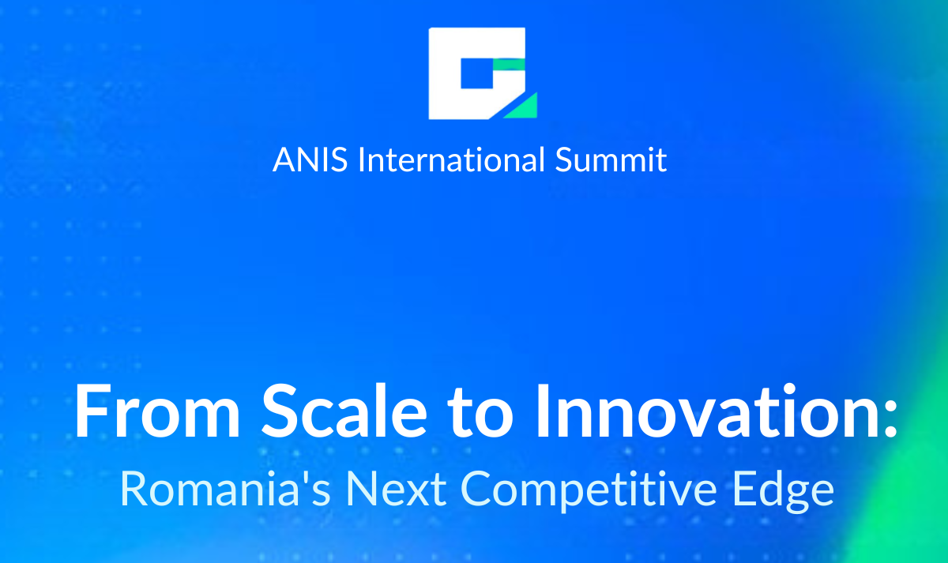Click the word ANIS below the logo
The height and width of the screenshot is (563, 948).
(310, 160)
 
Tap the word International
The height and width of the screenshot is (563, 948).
(451, 159)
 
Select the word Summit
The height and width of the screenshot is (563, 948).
(611, 160)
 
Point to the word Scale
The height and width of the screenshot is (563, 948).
(344, 410)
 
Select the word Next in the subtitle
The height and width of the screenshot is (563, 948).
(396, 489)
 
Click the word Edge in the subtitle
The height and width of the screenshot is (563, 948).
(784, 490)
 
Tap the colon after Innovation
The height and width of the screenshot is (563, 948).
(890, 412)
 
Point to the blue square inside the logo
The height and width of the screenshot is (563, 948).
(477, 73)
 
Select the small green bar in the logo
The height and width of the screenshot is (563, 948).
(509, 64)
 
